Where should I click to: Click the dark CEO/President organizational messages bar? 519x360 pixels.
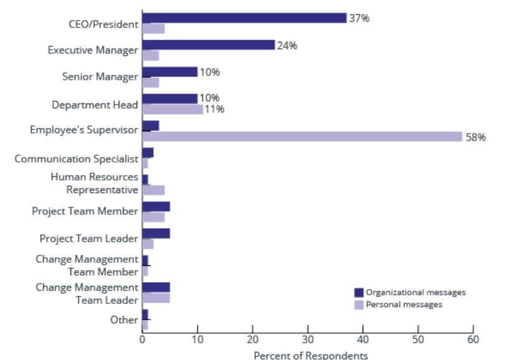click(x=244, y=18)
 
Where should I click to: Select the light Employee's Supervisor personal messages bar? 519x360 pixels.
click(x=302, y=137)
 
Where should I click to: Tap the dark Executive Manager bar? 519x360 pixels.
click(x=208, y=45)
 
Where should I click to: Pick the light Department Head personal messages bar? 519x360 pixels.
click(x=173, y=110)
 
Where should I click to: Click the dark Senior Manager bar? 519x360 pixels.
click(x=169, y=72)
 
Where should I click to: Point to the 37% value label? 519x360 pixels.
click(x=359, y=18)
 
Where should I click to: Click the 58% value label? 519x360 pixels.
click(x=475, y=137)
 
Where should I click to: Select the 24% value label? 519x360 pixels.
click(x=287, y=45)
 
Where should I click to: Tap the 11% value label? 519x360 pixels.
click(x=214, y=110)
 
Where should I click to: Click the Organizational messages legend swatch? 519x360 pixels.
click(x=359, y=293)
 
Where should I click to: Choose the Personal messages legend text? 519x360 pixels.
click(x=404, y=305)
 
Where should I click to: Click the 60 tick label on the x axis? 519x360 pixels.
click(x=473, y=339)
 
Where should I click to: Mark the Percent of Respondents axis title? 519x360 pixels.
click(x=311, y=355)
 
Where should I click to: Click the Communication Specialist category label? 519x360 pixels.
click(x=76, y=159)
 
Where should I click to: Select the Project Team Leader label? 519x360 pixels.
click(x=88, y=239)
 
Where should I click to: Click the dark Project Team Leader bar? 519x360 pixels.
click(x=156, y=234)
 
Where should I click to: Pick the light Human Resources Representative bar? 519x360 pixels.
click(x=153, y=190)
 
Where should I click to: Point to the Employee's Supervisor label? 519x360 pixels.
click(x=83, y=130)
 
